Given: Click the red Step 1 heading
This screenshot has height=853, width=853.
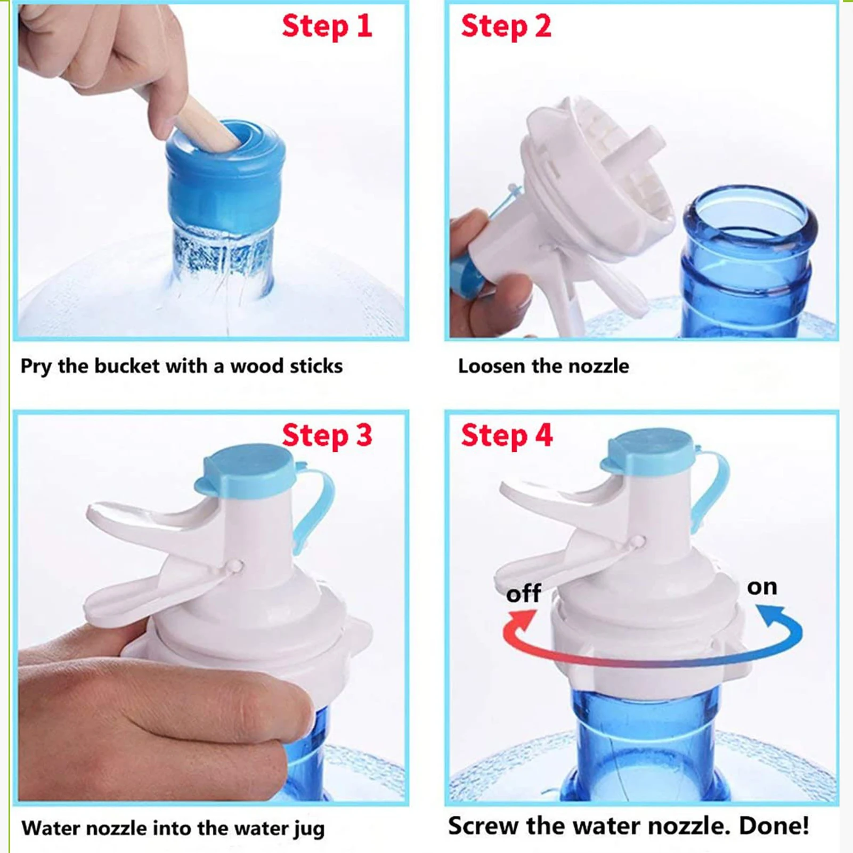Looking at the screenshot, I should pos(327,27).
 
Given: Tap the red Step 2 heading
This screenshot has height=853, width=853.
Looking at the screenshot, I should pos(506,27).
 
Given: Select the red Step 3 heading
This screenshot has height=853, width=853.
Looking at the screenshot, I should pos(327,436).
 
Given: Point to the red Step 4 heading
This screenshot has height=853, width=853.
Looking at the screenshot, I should pos(506,436).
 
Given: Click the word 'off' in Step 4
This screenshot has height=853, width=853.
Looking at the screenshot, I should pos(523,594).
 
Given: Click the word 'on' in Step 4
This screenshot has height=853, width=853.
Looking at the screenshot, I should pos(762,587).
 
